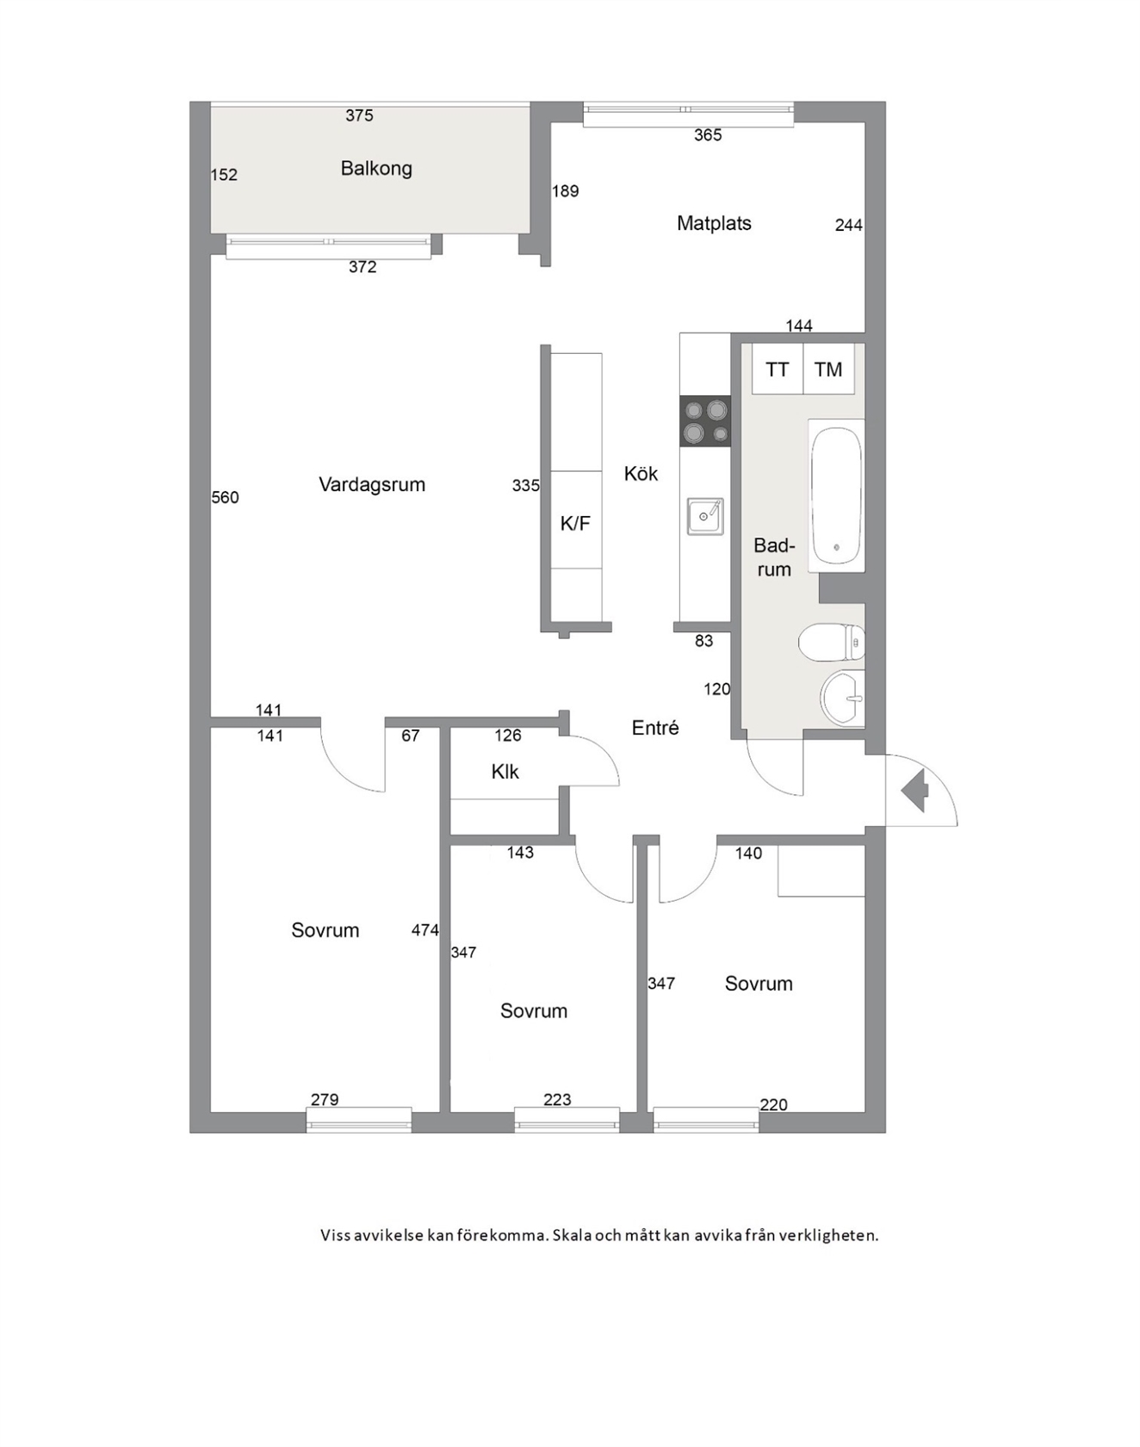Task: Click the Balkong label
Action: tap(376, 169)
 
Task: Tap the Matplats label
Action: tap(714, 224)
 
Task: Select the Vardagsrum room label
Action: tap(372, 485)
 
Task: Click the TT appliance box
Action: tap(778, 369)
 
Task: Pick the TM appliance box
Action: tap(829, 369)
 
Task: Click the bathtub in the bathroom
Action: tap(836, 495)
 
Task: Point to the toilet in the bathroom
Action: tap(832, 643)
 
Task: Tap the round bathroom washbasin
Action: tap(842, 698)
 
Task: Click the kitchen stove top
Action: tap(705, 421)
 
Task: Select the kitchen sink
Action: tap(705, 517)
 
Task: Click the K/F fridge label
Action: tap(575, 524)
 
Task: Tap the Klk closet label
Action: tap(505, 772)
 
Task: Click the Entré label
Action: tap(655, 728)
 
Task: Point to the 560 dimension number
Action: tap(226, 498)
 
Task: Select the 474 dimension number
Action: tap(425, 930)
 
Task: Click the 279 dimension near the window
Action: tap(325, 1100)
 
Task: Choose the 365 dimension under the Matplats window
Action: tap(708, 135)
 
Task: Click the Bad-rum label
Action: tap(774, 557)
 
